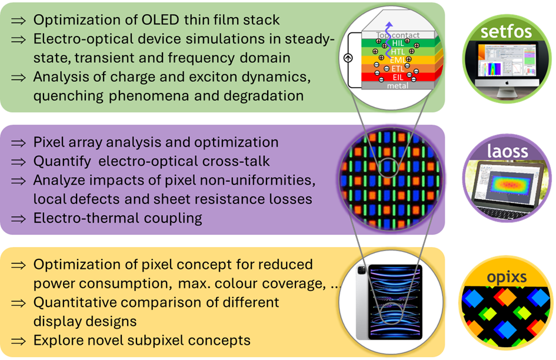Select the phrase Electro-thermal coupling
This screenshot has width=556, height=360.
point(118,218)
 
